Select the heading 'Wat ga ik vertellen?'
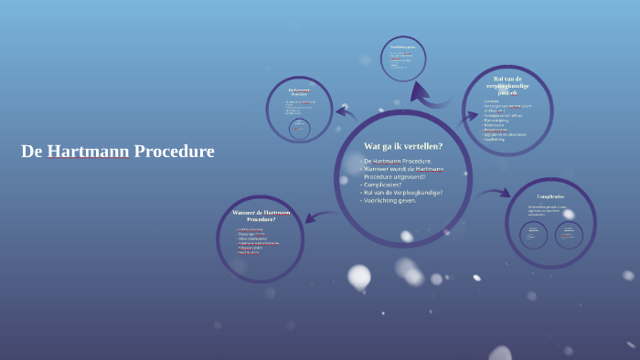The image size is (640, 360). pyautogui.click(x=403, y=146)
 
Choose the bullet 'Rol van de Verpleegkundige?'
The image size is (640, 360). pyautogui.click(x=405, y=193)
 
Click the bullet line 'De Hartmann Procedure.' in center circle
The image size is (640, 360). pyautogui.click(x=397, y=161)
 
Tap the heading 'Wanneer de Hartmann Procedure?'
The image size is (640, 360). pyautogui.click(x=261, y=216)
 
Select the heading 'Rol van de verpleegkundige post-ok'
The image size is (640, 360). pyautogui.click(x=507, y=85)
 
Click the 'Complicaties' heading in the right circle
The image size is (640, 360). pyautogui.click(x=550, y=196)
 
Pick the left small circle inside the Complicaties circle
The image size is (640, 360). pyautogui.click(x=533, y=236)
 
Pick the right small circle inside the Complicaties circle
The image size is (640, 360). pyautogui.click(x=569, y=236)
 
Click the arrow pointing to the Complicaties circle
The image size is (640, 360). pyautogui.click(x=494, y=193)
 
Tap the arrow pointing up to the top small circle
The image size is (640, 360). pyautogui.click(x=420, y=91)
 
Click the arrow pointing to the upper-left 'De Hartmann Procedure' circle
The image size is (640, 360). pyautogui.click(x=345, y=113)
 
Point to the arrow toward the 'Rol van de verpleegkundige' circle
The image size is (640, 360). pyautogui.click(x=468, y=118)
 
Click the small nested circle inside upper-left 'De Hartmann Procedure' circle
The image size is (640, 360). pyautogui.click(x=299, y=129)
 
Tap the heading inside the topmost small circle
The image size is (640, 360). pyautogui.click(x=403, y=46)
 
